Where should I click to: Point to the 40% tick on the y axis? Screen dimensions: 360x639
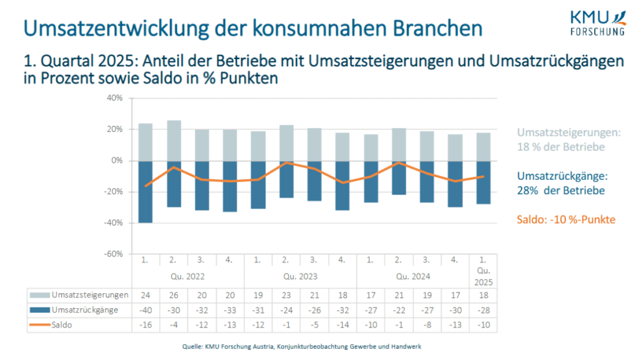pyautogui.click(x=115, y=98)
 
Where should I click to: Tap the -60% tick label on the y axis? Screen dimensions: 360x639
pyautogui.click(x=114, y=254)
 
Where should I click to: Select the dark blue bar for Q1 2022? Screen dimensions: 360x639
pyautogui.click(x=145, y=192)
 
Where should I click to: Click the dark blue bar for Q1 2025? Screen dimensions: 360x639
pyautogui.click(x=484, y=182)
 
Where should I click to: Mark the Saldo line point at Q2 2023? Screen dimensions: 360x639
pyautogui.click(x=286, y=162)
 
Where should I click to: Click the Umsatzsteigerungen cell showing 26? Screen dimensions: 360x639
pyautogui.click(x=173, y=294)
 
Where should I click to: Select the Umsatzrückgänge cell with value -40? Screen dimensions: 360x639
pyautogui.click(x=145, y=310)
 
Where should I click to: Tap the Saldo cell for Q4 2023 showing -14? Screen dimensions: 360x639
pyautogui.click(x=343, y=325)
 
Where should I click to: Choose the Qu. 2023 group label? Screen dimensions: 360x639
pyautogui.click(x=300, y=275)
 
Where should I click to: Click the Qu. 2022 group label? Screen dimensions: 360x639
pyautogui.click(x=187, y=275)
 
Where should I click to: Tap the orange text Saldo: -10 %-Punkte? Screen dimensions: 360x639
pyautogui.click(x=567, y=220)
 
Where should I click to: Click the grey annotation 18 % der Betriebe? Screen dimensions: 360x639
pyautogui.click(x=560, y=147)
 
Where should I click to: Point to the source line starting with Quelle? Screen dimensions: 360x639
pyautogui.click(x=319, y=346)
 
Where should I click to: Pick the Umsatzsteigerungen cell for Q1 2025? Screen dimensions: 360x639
pyautogui.click(x=484, y=294)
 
